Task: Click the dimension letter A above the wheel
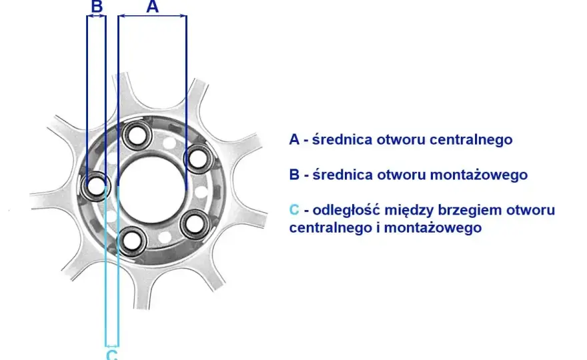click(152, 7)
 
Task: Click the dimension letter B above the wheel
click(97, 7)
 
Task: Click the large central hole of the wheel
click(152, 189)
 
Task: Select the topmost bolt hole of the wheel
click(137, 135)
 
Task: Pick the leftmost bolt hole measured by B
click(96, 186)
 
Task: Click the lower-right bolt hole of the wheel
click(195, 224)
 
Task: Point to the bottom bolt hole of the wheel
click(131, 240)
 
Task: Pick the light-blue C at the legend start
click(294, 210)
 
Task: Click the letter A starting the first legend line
click(294, 139)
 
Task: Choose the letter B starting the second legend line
click(294, 175)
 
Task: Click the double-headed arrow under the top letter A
click(152, 16)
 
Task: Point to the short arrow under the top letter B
click(96, 16)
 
